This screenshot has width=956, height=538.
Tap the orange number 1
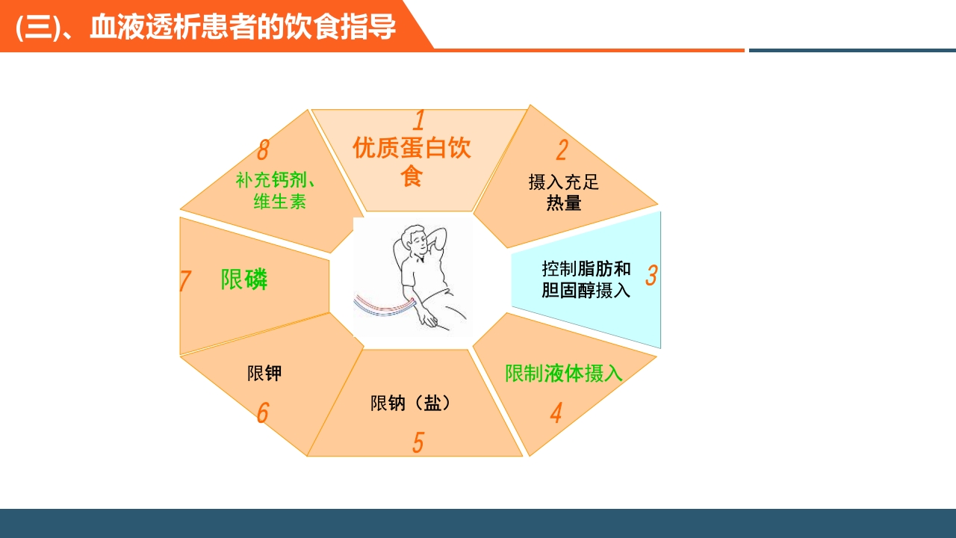click(419, 120)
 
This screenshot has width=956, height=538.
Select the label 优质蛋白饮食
click(412, 161)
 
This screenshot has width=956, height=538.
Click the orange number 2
click(562, 150)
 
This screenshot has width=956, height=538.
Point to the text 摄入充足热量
click(564, 192)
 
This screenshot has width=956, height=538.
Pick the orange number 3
click(651, 275)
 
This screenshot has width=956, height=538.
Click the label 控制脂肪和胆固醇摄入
click(586, 279)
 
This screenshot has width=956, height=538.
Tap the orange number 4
click(556, 413)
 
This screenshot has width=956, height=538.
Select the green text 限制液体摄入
click(564, 373)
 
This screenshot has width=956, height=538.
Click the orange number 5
click(418, 442)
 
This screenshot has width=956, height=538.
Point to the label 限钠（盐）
click(412, 403)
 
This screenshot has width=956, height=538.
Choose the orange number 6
click(262, 413)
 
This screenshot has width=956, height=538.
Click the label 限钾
click(264, 373)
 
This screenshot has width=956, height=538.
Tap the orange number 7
click(184, 282)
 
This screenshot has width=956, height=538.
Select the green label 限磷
click(244, 279)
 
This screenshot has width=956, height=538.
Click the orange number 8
click(262, 150)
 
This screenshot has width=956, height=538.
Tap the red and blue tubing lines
click(382, 305)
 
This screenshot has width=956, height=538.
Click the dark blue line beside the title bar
click(851, 50)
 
